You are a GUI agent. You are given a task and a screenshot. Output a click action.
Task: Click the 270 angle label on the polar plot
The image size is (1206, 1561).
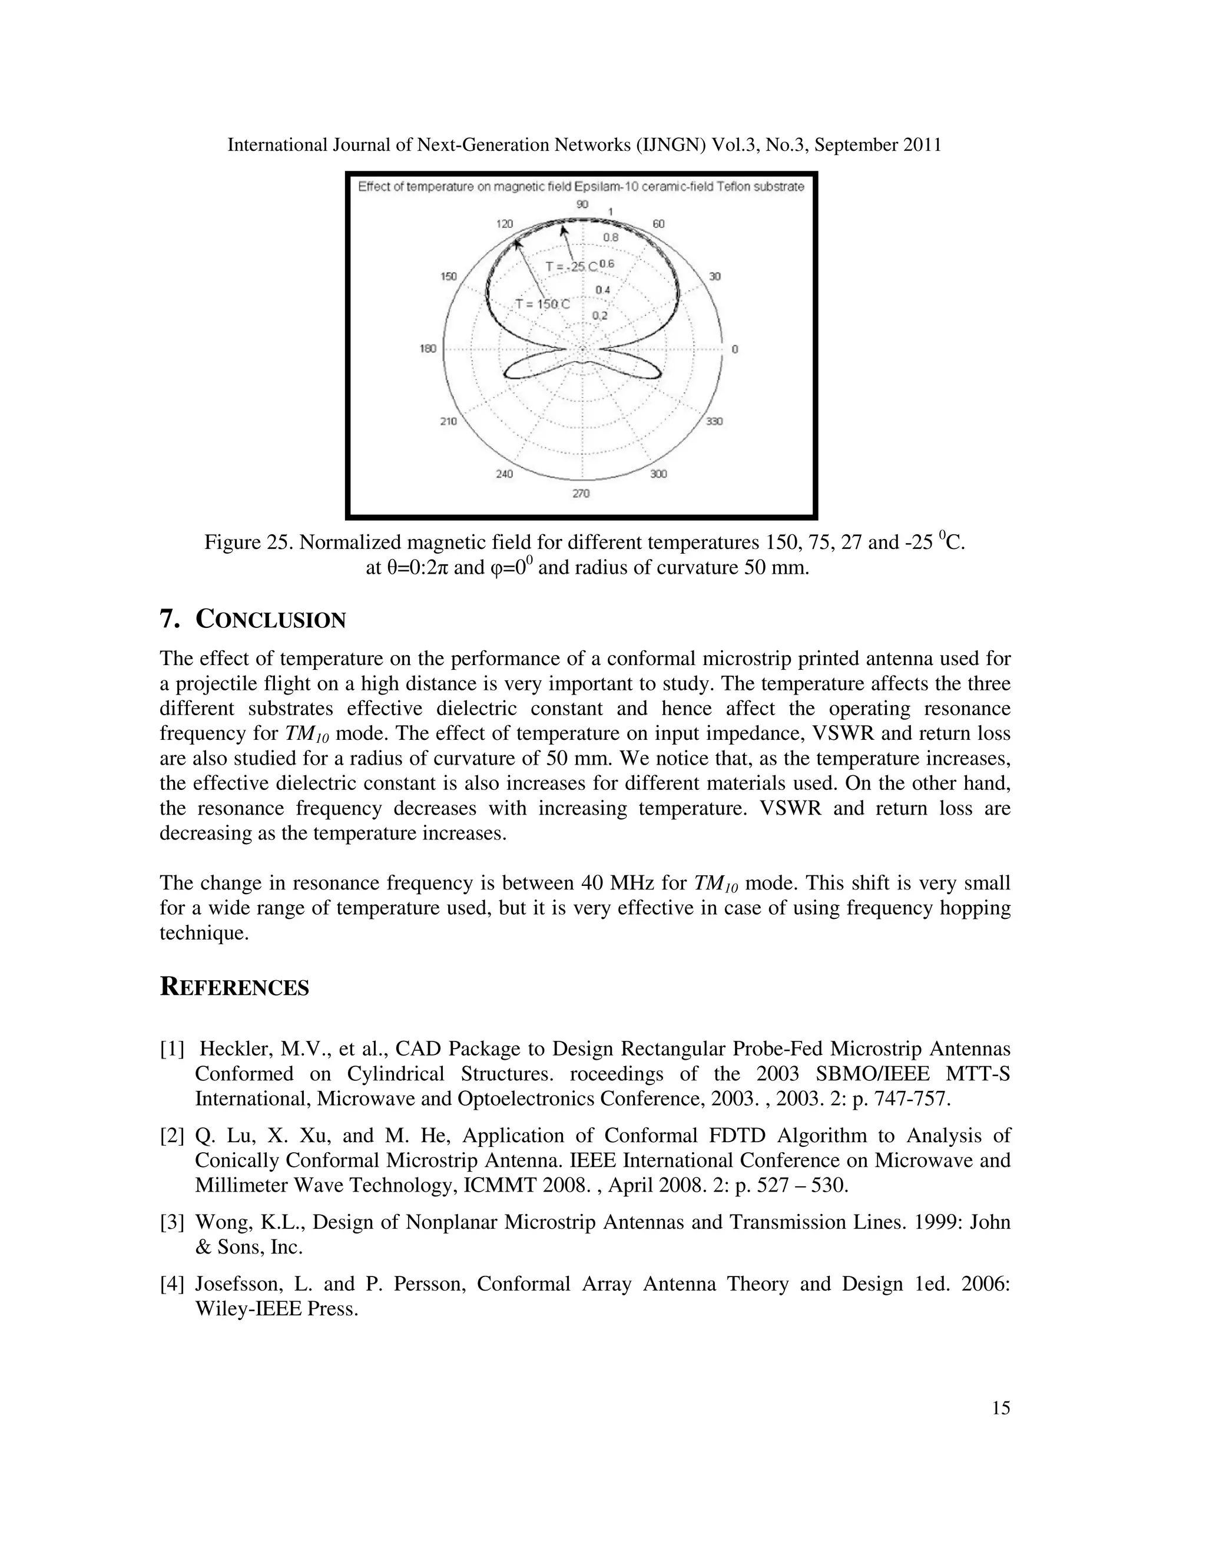(581, 493)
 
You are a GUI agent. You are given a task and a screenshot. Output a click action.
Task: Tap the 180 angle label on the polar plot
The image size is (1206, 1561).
(428, 349)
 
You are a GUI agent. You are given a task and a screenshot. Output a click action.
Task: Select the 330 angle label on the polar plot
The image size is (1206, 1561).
(714, 421)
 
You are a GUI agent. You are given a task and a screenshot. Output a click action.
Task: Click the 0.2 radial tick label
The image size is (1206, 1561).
(599, 316)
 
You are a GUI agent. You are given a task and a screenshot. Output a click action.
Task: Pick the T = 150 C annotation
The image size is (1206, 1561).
(543, 304)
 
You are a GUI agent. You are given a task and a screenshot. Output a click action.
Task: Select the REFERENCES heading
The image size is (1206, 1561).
(234, 987)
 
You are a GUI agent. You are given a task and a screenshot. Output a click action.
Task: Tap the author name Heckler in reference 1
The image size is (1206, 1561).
(233, 1049)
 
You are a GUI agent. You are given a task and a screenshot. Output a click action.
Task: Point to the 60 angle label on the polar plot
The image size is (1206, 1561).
(658, 224)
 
